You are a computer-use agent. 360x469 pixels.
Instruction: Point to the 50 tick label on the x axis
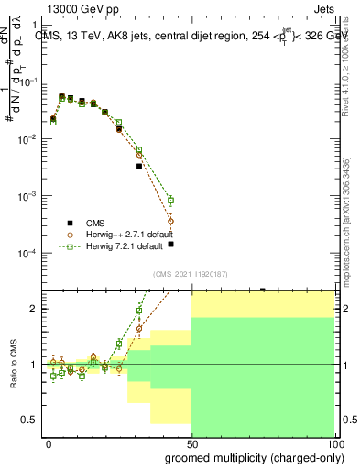(x=191, y=443)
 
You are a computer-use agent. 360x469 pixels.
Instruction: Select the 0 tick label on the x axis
(x=49, y=443)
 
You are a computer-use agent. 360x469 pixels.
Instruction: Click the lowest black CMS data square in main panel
(x=170, y=245)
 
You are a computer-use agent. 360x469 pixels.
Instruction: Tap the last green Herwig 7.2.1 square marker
(x=170, y=200)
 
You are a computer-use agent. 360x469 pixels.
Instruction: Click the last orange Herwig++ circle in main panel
(x=170, y=221)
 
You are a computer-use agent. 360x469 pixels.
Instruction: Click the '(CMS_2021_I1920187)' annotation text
(x=190, y=273)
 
